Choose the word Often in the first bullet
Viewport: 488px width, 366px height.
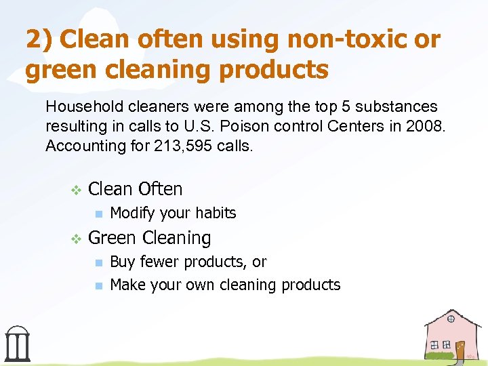point(160,189)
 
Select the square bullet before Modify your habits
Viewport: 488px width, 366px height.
point(98,214)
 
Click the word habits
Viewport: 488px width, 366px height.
point(214,213)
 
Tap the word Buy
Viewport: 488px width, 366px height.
point(122,262)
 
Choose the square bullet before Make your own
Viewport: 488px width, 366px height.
point(98,286)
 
